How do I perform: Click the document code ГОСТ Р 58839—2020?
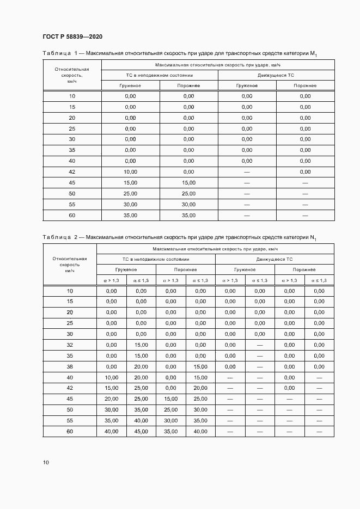point(72,37)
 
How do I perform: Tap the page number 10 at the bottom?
point(46,462)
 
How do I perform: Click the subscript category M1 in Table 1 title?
point(314,54)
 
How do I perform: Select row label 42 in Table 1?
point(72,171)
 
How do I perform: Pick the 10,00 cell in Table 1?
point(130,171)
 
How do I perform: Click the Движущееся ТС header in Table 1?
point(276,75)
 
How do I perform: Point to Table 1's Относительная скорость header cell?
point(72,75)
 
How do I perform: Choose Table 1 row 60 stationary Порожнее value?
point(188,216)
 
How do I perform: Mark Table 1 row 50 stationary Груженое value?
point(130,194)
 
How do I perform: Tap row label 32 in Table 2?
point(70,345)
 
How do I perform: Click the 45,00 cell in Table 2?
point(141,432)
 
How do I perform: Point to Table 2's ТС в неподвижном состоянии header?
point(156,260)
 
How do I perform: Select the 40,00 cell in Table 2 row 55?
point(141,421)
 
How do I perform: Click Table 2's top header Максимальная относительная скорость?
point(215,248)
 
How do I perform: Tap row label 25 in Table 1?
point(72,128)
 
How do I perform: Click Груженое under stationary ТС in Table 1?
point(130,86)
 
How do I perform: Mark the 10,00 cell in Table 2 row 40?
point(111,377)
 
